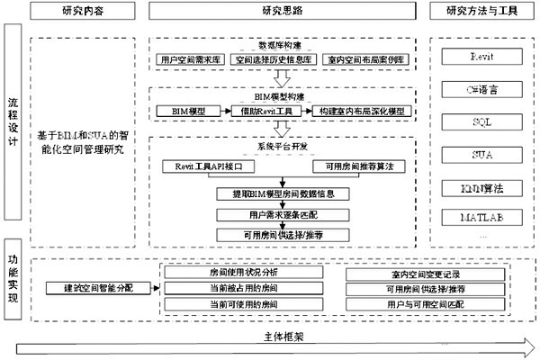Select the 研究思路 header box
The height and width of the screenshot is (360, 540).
[282, 11]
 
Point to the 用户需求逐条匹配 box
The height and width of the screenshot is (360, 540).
[282, 214]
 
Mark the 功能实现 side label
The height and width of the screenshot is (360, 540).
[11, 279]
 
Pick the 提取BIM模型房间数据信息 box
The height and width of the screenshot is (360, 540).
[282, 193]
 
